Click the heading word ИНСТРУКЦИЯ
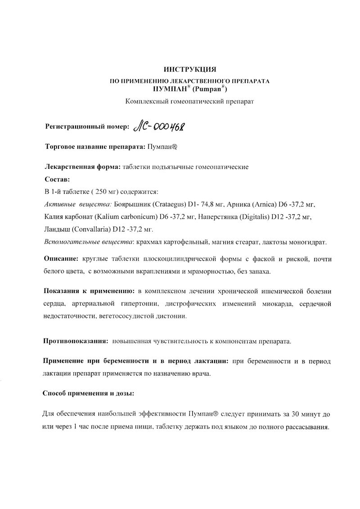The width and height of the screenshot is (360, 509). (x=190, y=69)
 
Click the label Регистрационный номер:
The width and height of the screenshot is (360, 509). (x=87, y=127)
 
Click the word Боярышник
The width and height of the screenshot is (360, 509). (x=134, y=204)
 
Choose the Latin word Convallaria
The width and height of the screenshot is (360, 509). (x=91, y=229)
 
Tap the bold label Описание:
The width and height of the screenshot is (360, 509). (x=61, y=259)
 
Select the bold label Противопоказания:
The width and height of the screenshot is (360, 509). (x=75, y=341)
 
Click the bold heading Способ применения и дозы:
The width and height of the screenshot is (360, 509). (x=88, y=393)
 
